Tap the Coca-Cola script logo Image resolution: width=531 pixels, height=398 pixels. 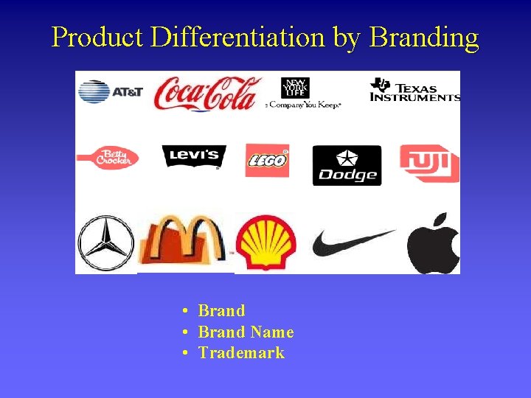[x=207, y=93]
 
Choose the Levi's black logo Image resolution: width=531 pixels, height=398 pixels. [x=194, y=156]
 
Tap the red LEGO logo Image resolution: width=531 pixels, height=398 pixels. [x=267, y=159]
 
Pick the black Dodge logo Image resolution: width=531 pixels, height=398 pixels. [x=347, y=165]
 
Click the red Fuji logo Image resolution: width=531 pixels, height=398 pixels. [x=429, y=163]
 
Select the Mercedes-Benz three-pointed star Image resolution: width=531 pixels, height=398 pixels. [x=106, y=242]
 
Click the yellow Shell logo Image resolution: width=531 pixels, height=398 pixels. [x=266, y=242]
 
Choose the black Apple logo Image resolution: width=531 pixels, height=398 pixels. [x=434, y=242]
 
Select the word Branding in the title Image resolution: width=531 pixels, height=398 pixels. [x=423, y=37]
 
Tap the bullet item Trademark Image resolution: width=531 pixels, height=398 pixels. [x=241, y=353]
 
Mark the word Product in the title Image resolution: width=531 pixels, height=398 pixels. [x=98, y=37]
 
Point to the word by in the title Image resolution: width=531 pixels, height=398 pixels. [x=347, y=37]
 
